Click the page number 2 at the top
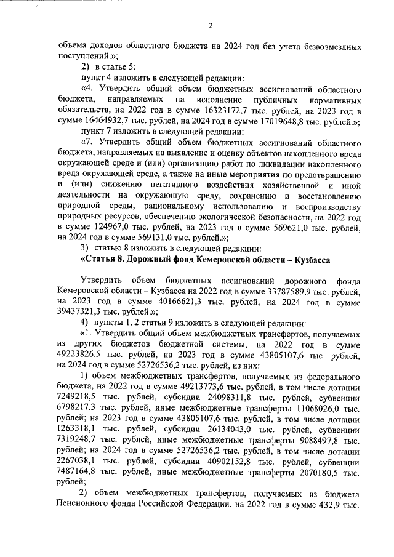[211, 25]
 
